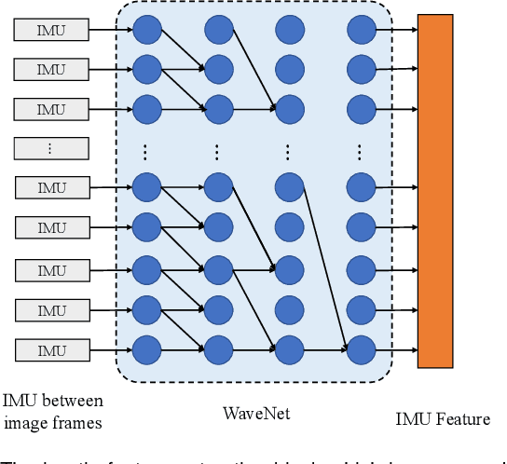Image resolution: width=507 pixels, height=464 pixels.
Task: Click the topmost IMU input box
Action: coord(51,31)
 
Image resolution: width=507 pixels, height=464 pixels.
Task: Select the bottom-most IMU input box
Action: coord(51,350)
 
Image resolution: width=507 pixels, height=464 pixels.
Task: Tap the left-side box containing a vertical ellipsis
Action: coord(51,148)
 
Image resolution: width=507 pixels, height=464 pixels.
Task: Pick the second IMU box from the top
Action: coord(51,69)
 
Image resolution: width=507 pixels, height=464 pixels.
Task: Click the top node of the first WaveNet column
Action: coord(146,31)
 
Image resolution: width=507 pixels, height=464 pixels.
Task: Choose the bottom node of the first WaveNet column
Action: coord(146,350)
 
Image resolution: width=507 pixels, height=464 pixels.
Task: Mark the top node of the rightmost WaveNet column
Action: coord(361,31)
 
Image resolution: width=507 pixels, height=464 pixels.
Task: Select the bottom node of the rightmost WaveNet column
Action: coord(361,350)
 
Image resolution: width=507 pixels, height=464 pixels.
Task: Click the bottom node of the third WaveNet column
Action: coord(289,350)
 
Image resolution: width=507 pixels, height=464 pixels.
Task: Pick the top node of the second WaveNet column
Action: coord(217,31)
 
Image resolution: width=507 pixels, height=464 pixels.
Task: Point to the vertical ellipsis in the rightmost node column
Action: coord(361,151)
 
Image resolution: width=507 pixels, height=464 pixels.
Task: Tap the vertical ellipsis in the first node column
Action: coord(146,151)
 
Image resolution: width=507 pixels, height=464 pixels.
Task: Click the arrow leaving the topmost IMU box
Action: coord(110,31)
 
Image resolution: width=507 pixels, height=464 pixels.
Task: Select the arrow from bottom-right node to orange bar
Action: coord(395,350)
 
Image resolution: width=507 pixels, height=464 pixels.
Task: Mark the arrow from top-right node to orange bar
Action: coord(395,31)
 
